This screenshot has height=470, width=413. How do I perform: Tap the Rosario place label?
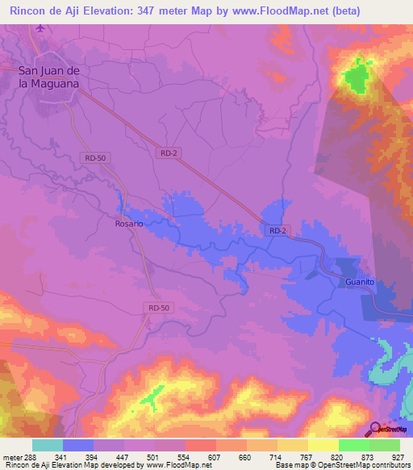(x=129, y=224)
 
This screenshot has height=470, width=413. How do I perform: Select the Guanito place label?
(x=361, y=282)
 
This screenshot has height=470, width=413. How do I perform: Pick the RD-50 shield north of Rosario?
(x=94, y=157)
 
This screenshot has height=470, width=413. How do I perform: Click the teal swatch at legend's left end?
(x=48, y=445)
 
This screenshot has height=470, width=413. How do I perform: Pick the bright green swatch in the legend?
(x=353, y=445)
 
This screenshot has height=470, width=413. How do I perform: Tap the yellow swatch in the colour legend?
(x=323, y=445)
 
